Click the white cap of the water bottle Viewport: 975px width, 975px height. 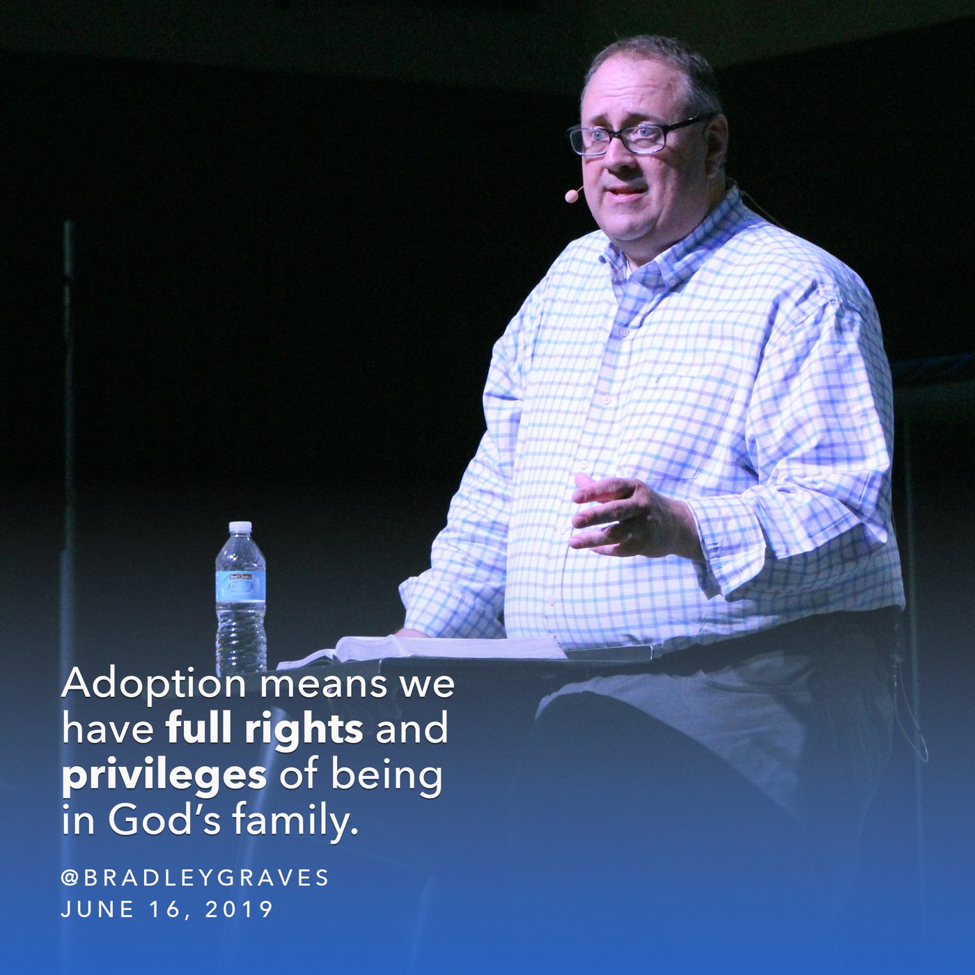240,527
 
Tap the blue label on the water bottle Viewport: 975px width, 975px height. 240,586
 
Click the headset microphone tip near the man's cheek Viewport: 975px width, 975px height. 572,195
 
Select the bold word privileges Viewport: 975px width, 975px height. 164,777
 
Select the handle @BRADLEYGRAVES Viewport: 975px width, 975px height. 195,878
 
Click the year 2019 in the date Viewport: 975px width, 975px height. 239,910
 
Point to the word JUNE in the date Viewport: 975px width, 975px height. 98,910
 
